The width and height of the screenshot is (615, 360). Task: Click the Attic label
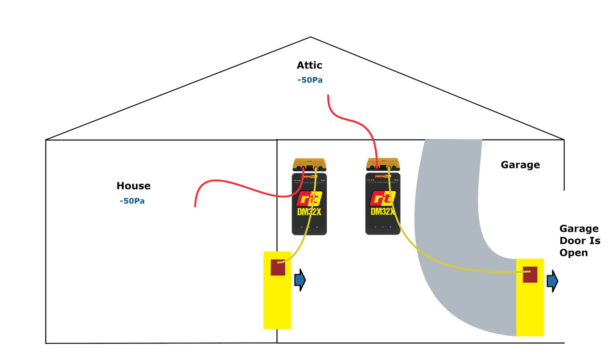(x=309, y=65)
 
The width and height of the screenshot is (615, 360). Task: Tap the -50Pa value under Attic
(x=310, y=80)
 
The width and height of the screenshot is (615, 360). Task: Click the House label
(x=133, y=186)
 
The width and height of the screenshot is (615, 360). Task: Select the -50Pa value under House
(x=132, y=201)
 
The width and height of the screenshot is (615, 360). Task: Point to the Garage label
(x=520, y=165)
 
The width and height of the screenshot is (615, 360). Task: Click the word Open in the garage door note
(x=573, y=253)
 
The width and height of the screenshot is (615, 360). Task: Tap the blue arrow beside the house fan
(x=300, y=280)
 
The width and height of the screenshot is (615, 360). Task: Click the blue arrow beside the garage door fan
(x=552, y=281)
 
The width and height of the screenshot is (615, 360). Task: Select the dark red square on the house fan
(x=278, y=267)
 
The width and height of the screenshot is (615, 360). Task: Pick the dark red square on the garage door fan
(x=530, y=275)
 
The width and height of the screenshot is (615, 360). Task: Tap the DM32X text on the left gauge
(x=309, y=212)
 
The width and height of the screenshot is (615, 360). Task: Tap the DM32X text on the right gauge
(x=382, y=212)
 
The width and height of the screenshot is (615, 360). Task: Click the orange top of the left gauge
(x=309, y=162)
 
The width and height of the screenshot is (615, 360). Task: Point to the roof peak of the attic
(x=311, y=37)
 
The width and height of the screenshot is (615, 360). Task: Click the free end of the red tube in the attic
(x=328, y=96)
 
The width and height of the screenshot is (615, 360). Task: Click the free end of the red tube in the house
(x=195, y=206)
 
